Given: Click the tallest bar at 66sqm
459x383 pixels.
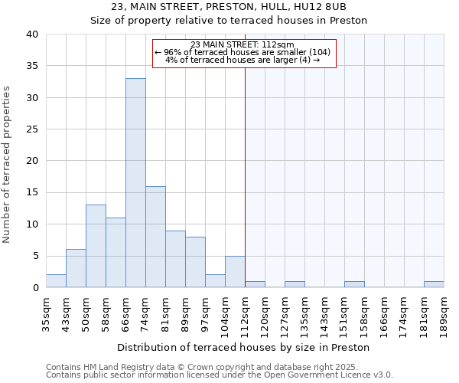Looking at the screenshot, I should (x=135, y=183).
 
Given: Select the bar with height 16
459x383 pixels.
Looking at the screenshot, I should (x=155, y=237).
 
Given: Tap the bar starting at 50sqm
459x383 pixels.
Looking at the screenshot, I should (x=96, y=246).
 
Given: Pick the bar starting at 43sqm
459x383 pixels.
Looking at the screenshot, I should (x=76, y=268).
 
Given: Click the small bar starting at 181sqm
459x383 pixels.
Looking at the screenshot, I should (x=434, y=284).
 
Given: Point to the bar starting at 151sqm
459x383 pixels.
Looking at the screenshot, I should (x=354, y=284).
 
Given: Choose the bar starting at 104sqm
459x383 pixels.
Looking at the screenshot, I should (x=235, y=271).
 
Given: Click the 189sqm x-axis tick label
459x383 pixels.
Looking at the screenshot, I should (x=444, y=315).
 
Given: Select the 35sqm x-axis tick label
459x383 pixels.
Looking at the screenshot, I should (x=47, y=315).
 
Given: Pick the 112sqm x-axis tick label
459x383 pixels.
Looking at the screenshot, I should (x=246, y=315).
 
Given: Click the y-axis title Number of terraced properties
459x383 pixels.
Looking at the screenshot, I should (x=8, y=165).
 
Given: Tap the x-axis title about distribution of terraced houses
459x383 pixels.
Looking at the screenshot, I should (x=244, y=347).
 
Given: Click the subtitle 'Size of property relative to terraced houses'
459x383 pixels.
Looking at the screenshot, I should (x=229, y=21).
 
